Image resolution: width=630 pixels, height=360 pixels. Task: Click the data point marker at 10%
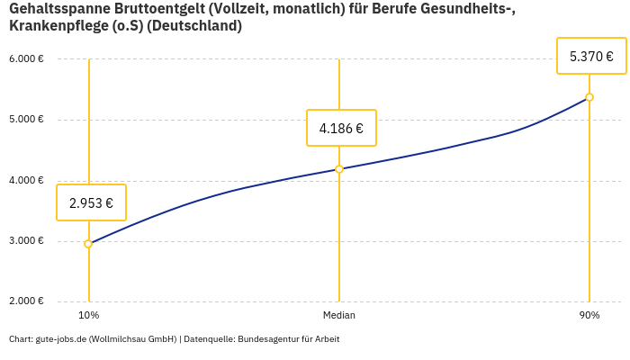coord(88,244)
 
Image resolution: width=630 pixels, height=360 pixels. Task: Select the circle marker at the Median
coord(339,169)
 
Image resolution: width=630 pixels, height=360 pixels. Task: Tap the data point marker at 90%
coord(589,97)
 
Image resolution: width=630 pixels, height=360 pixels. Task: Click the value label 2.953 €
coord(91,202)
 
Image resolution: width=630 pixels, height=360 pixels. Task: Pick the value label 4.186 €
coord(341,128)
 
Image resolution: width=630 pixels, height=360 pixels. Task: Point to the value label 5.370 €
coord(591,56)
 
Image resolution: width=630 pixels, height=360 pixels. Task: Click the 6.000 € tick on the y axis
coord(26,59)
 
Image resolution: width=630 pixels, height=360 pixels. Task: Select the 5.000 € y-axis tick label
coord(26,120)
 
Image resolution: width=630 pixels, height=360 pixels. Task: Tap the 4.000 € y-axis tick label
coord(26,181)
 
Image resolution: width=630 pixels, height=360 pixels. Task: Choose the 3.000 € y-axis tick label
coord(26,241)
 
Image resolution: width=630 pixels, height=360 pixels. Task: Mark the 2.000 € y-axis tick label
coord(26,301)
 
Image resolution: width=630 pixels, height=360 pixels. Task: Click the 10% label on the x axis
coord(88,316)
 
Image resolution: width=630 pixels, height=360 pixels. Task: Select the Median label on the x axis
coord(339,316)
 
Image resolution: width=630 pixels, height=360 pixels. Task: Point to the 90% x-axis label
coord(589,316)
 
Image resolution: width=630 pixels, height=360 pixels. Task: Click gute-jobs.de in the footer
coord(60,339)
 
